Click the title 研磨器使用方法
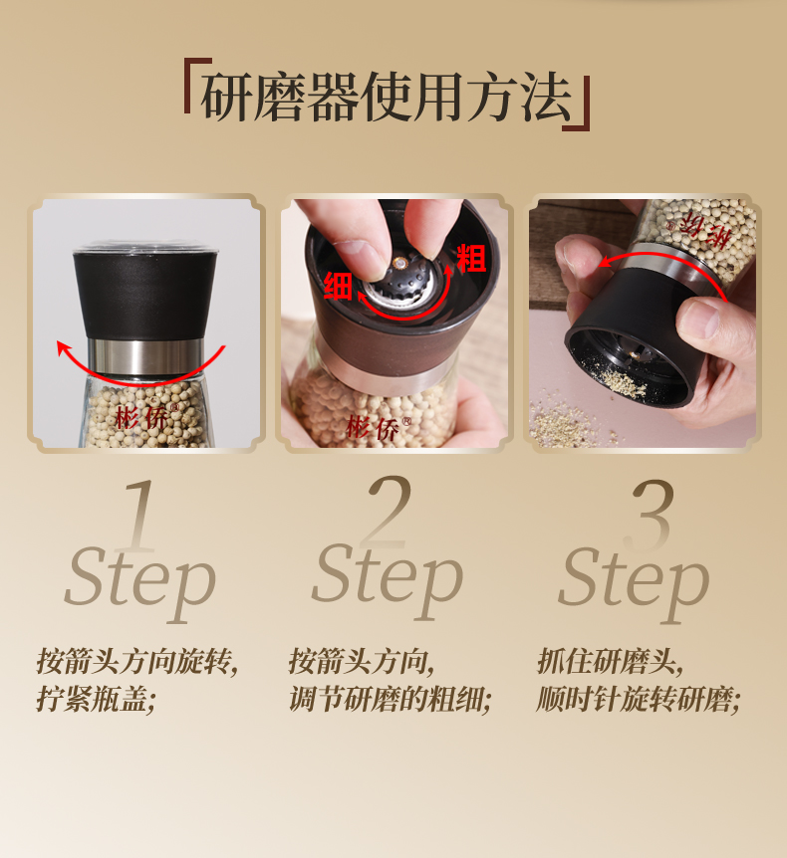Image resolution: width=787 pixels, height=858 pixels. (x=387, y=97)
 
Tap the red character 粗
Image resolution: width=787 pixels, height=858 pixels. (x=471, y=258)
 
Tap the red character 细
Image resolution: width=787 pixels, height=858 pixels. (x=337, y=286)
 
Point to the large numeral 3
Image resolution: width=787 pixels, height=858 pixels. (x=650, y=515)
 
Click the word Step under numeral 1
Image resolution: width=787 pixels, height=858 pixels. (x=140, y=582)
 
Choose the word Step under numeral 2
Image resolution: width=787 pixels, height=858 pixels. (x=388, y=580)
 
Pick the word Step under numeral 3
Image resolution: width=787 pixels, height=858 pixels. (x=635, y=582)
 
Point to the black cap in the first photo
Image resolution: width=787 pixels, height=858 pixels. (x=145, y=295)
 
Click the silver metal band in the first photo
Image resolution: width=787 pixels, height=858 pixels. (x=145, y=356)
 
